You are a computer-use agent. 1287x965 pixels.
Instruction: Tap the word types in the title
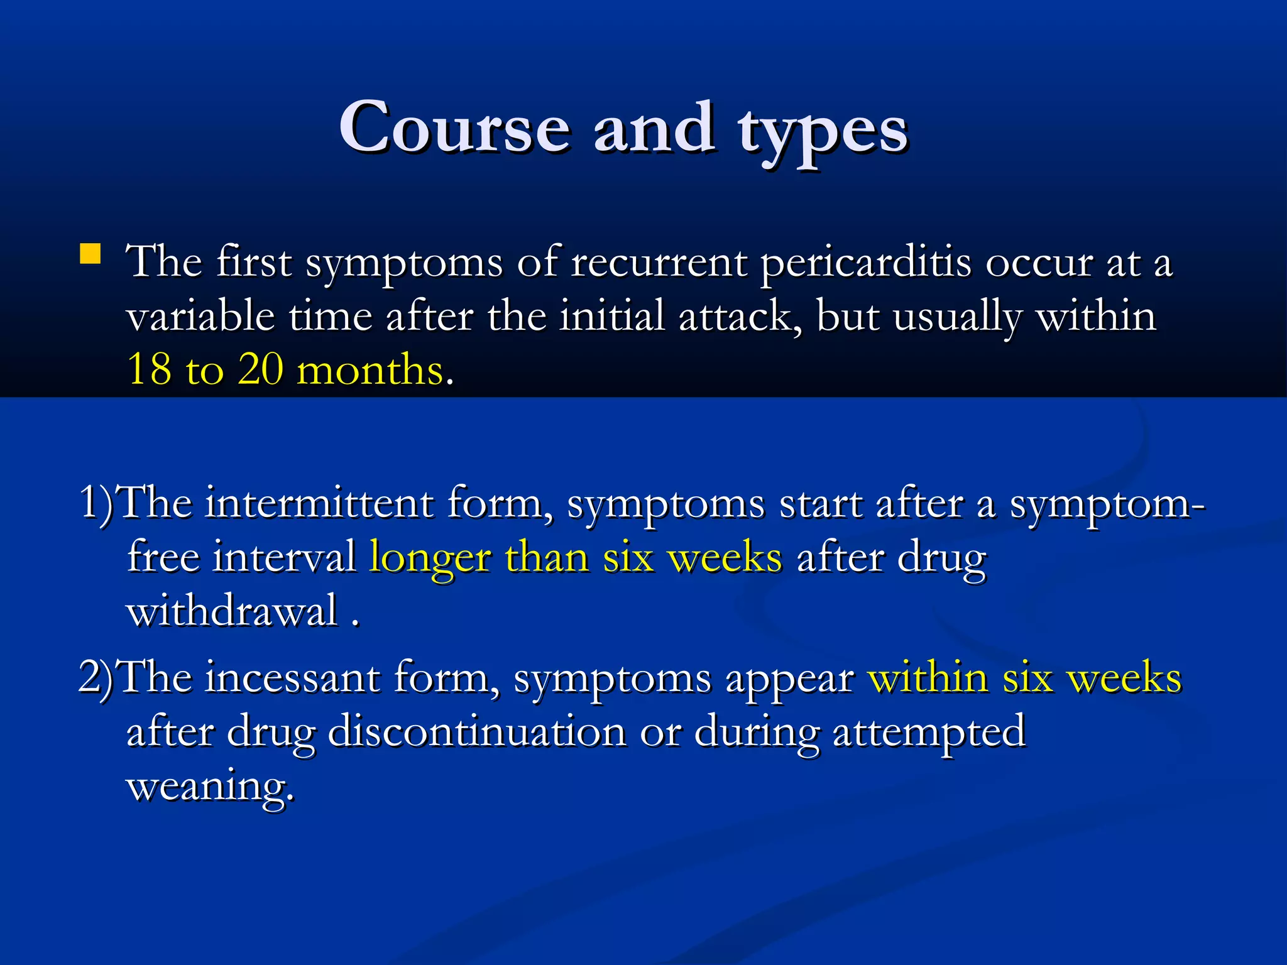(823, 132)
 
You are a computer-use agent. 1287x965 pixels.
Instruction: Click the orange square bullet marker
(90, 254)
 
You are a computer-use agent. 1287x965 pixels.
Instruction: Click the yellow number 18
(149, 369)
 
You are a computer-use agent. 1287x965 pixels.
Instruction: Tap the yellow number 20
(260, 369)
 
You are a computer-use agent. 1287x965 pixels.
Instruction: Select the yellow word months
(370, 369)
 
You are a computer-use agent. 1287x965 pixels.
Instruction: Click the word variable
(200, 315)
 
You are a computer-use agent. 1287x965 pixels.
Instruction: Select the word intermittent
(319, 503)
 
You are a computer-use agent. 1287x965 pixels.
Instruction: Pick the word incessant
(292, 677)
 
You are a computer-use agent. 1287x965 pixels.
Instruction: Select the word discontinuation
(477, 731)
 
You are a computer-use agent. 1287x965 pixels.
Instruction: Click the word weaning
(210, 785)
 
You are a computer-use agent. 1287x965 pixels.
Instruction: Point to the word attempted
(929, 733)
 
